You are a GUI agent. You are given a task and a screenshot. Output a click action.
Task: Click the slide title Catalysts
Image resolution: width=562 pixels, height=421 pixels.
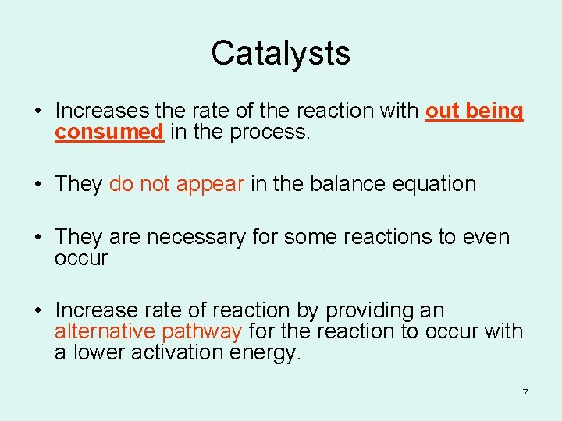coord(280,53)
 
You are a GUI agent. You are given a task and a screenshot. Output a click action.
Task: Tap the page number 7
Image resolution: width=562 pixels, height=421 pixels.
coord(525,393)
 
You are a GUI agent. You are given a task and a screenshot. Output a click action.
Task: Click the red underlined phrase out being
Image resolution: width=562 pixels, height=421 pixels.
coord(474,111)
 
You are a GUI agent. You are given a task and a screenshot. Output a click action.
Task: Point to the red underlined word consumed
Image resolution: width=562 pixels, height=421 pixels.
coord(108,133)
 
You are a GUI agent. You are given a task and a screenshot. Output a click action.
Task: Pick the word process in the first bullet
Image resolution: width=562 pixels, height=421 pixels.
coord(276,133)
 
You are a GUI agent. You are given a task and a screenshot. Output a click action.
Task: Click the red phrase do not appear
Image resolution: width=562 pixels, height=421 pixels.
coord(177,184)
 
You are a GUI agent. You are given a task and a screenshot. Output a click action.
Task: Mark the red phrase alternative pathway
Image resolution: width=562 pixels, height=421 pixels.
coord(148,331)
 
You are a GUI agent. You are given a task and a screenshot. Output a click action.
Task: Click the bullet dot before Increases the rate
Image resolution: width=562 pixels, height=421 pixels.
coord(37,111)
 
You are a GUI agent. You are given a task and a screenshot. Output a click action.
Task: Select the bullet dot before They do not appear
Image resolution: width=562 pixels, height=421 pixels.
coord(37,185)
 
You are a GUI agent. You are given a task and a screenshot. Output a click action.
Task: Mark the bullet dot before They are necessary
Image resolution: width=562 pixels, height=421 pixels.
coord(37,237)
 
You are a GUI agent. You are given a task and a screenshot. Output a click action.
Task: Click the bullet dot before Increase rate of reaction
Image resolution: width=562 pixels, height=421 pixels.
coord(37,311)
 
